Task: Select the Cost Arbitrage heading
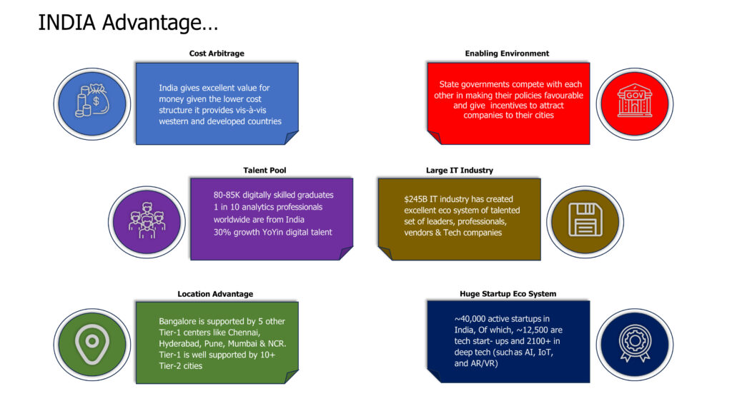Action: click(x=216, y=54)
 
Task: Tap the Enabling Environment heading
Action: click(x=507, y=54)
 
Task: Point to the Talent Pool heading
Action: click(x=264, y=170)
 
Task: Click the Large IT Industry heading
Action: click(x=459, y=170)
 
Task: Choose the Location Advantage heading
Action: click(x=215, y=293)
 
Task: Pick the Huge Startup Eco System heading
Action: click(x=508, y=293)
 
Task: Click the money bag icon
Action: click(x=92, y=104)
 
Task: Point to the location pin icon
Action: click(x=92, y=342)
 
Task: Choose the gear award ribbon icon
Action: click(x=631, y=342)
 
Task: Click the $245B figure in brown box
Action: click(x=416, y=199)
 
